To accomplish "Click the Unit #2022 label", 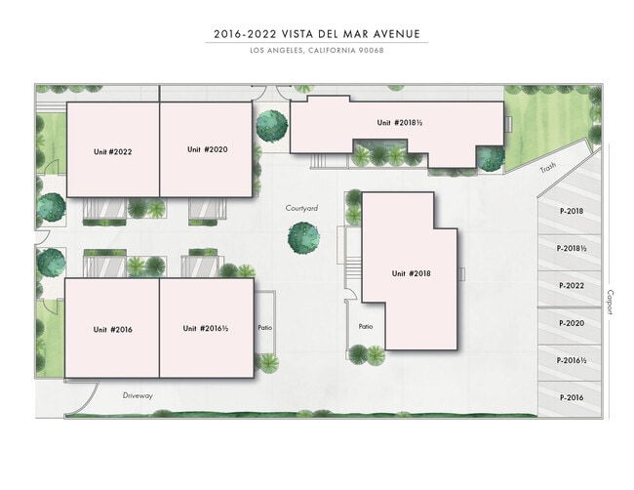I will pyautogui.click(x=113, y=151).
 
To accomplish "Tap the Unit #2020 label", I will pyautogui.click(x=207, y=149).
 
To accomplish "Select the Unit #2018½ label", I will pyautogui.click(x=400, y=122).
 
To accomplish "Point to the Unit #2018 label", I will pyautogui.click(x=412, y=273).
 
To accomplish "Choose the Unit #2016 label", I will pyautogui.click(x=113, y=329).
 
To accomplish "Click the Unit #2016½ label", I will pyautogui.click(x=206, y=328).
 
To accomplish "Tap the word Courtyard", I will pyautogui.click(x=302, y=208).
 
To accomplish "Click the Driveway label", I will pyautogui.click(x=139, y=395).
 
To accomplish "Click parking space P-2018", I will pyautogui.click(x=572, y=211).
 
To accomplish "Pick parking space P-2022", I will pyautogui.click(x=572, y=286).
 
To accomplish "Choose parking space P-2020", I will pyautogui.click(x=572, y=323).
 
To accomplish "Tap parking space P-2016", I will pyautogui.click(x=572, y=397).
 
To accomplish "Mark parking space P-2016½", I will pyautogui.click(x=572, y=360).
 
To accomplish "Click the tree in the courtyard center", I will pyautogui.click(x=303, y=237).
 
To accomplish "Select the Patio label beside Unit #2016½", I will pyautogui.click(x=264, y=328).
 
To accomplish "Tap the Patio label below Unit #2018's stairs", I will pyautogui.click(x=366, y=326).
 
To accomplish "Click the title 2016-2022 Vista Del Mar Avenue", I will pyautogui.click(x=317, y=34).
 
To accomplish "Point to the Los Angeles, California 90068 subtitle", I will pyautogui.click(x=317, y=51).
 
